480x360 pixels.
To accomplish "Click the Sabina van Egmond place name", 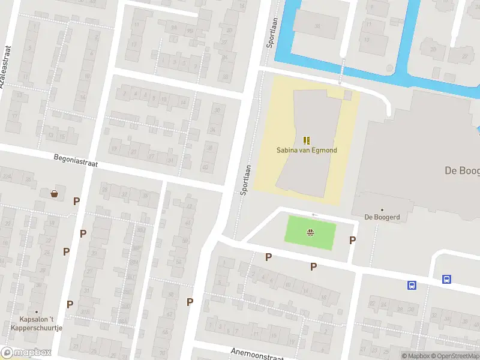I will [x=307, y=149].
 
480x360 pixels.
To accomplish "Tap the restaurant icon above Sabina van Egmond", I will [x=307, y=140].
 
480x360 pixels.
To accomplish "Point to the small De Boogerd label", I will [x=382, y=217].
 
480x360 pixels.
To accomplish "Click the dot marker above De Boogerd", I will [x=382, y=210].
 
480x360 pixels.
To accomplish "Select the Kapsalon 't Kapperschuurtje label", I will [x=41, y=323].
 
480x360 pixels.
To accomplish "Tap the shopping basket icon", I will [x=55, y=194].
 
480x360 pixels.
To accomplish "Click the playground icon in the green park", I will [x=311, y=233].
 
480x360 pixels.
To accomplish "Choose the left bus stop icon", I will [x=412, y=286].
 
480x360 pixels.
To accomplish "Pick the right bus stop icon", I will [x=447, y=279].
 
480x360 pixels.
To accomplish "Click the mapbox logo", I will [x=26, y=353].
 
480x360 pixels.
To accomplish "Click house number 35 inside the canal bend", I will [x=317, y=26].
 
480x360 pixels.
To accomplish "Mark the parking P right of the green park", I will [x=352, y=240].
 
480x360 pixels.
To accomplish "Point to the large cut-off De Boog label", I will [x=461, y=170].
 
